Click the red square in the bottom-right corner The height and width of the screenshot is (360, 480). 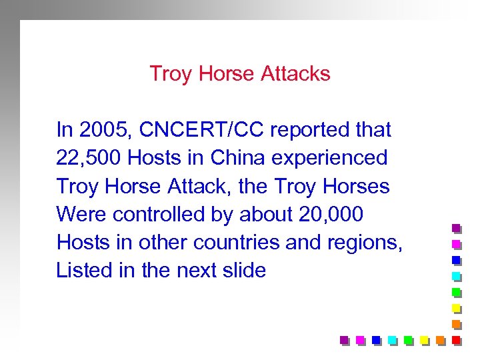coord(456,340)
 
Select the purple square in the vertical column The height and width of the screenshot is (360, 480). coord(457,228)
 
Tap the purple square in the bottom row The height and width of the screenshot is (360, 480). coord(345,340)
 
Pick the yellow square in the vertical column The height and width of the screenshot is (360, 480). coord(457,308)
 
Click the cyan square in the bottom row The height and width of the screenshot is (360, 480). coord(393,340)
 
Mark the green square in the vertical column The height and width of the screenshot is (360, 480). coord(457,292)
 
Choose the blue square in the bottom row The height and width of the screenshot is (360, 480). coord(377,340)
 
